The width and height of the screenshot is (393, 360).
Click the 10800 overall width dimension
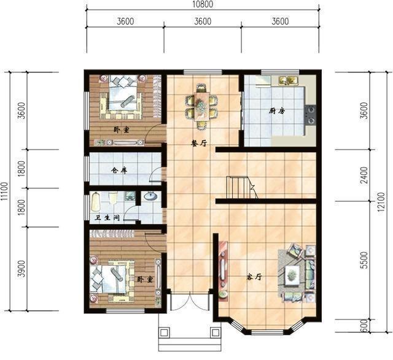click(203, 4)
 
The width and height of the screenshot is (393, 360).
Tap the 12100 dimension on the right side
click(381, 202)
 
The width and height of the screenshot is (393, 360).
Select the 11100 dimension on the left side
click(4, 191)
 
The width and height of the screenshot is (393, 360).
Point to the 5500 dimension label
click(365, 261)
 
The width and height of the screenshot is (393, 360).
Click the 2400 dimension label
click(365, 175)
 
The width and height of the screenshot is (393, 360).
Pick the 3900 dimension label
click(22, 269)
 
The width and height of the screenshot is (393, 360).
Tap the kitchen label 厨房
click(277, 110)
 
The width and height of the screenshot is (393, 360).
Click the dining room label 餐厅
click(199, 144)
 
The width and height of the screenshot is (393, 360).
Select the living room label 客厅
click(254, 277)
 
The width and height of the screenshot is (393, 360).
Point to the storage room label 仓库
click(119, 170)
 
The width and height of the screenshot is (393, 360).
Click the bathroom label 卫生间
click(107, 218)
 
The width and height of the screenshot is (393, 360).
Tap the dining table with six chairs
click(201, 106)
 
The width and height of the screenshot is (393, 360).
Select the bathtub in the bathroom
click(96, 202)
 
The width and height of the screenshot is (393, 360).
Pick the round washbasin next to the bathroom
click(150, 196)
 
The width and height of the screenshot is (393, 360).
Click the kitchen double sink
click(288, 80)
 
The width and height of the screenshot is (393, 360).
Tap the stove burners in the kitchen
click(311, 115)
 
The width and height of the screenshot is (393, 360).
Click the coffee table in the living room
click(292, 275)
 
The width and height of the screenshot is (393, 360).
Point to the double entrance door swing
click(190, 301)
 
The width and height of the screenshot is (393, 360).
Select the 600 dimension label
click(365, 326)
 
